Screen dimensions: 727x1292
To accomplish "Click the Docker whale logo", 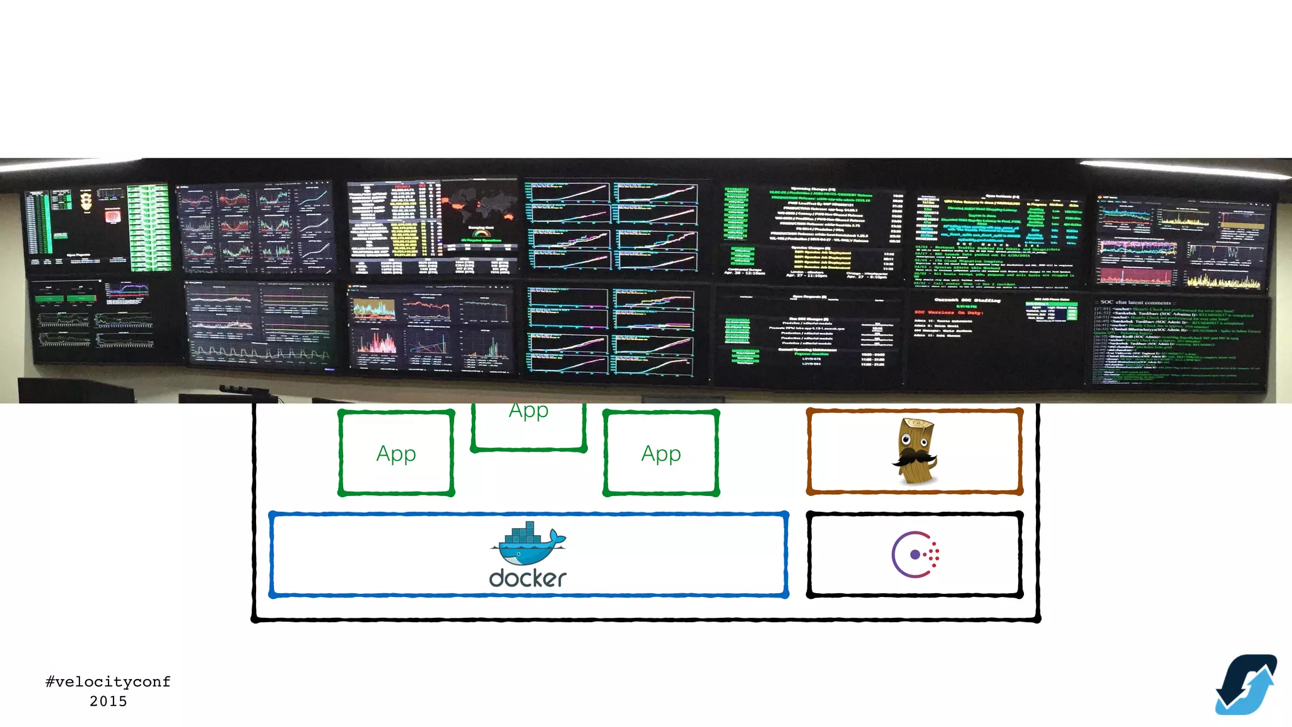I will [528, 544].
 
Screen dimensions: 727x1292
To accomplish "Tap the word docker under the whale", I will [528, 578].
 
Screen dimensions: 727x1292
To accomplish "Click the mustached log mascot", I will [915, 451].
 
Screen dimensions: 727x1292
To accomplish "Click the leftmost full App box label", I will [396, 453].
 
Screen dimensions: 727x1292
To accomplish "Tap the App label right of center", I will [661, 453].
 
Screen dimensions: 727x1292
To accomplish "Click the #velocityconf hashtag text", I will [108, 682].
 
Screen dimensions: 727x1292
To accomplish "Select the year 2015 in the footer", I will [108, 701].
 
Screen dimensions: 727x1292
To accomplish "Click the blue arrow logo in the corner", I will [1246, 685].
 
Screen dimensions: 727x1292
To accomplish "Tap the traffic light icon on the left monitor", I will [86, 200].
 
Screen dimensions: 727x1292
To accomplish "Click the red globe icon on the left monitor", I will [112, 216].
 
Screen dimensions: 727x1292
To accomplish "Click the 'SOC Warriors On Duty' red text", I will [948, 312].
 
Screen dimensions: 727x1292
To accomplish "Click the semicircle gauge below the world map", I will [481, 235].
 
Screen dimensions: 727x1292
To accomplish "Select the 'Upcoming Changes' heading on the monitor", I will [813, 189].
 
